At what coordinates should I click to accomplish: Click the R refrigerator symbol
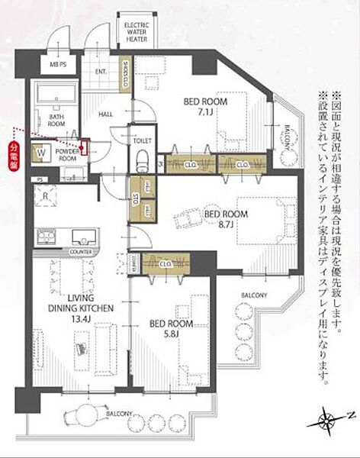(x=47, y=196)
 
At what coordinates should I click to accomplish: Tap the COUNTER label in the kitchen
(x=79, y=251)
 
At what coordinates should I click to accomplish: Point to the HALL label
(x=107, y=114)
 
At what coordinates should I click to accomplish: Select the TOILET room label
(x=142, y=140)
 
